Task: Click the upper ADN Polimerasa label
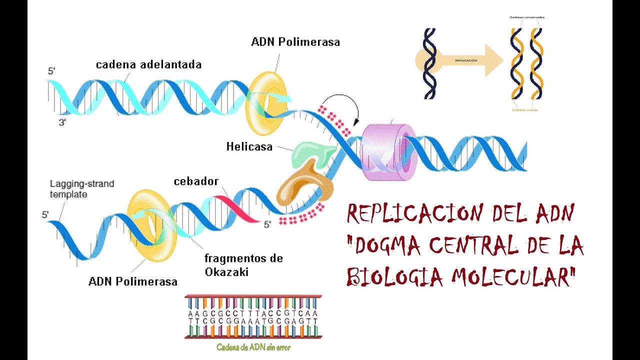[295, 42]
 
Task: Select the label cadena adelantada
[148, 64]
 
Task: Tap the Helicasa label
[249, 147]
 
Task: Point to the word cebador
[196, 181]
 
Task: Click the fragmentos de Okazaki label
[243, 265]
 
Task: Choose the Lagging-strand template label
[81, 189]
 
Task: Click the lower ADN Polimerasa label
[132, 281]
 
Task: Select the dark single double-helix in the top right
[429, 63]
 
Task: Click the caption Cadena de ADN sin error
[253, 347]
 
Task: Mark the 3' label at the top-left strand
[62, 122]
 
